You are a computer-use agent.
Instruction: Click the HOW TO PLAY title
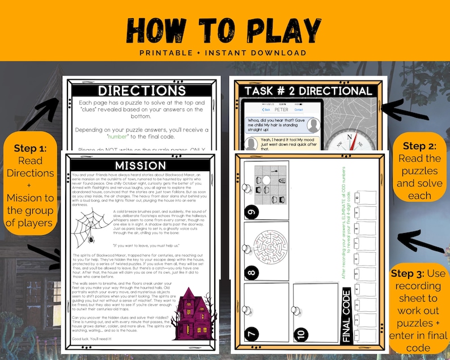point(224,28)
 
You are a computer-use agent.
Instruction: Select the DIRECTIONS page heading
point(141,90)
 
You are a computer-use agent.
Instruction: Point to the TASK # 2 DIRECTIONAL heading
point(308,91)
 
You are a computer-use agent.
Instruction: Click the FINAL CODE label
point(347,315)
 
